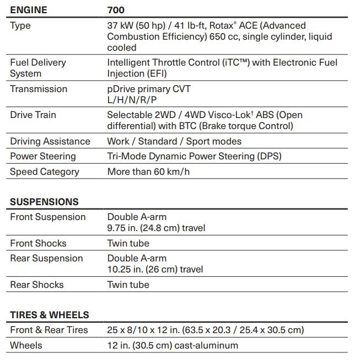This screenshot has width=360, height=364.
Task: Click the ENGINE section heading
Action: click(x=29, y=10)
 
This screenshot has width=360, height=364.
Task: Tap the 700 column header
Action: click(x=116, y=10)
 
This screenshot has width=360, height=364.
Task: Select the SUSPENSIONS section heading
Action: click(x=44, y=202)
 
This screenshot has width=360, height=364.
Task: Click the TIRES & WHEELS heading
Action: click(x=49, y=315)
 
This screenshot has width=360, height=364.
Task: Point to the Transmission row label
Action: click(x=39, y=89)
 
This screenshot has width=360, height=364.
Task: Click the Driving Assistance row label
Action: click(x=50, y=141)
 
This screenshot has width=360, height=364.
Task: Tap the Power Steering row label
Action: click(x=42, y=156)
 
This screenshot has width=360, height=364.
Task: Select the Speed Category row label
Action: click(x=44, y=172)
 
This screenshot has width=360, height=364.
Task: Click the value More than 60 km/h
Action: click(x=148, y=172)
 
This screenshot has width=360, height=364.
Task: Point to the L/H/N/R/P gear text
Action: click(x=132, y=100)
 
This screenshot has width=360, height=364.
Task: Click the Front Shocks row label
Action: click(x=38, y=243)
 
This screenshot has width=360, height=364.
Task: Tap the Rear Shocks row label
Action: click(x=36, y=285)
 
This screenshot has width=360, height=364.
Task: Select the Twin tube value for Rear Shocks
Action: click(x=128, y=285)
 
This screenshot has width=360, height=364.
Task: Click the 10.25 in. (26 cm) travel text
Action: click(x=155, y=269)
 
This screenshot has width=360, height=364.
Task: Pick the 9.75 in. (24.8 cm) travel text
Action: click(x=156, y=228)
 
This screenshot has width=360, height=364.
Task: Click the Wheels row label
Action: click(x=26, y=345)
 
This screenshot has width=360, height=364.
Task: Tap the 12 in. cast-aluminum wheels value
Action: click(x=173, y=345)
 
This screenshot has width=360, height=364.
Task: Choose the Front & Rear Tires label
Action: click(x=49, y=330)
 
